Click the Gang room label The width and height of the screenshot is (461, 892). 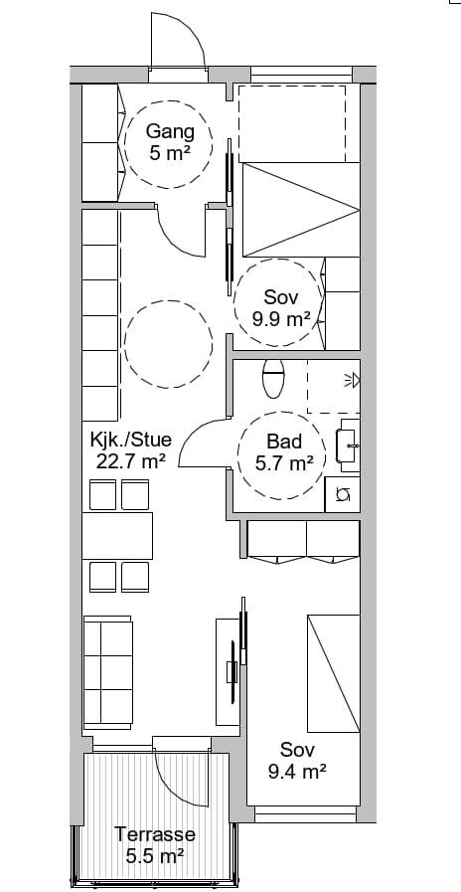point(170,131)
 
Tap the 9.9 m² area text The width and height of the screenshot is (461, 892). point(281,319)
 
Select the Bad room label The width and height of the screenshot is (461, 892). point(284,442)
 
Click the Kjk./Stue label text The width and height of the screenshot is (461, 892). point(131,440)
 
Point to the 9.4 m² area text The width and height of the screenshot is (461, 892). point(297,772)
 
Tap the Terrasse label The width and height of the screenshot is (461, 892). point(155,834)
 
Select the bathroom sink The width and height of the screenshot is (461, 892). point(348,446)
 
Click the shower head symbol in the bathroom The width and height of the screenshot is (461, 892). point(353,380)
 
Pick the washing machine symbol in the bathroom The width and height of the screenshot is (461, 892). point(342,494)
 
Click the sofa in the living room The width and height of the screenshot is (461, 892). point(108,672)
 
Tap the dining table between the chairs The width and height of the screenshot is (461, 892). point(117,536)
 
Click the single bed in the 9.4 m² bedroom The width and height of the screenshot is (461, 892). point(334,673)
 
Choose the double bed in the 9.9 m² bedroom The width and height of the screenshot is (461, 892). point(301,210)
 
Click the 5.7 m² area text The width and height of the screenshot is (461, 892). point(284,463)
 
